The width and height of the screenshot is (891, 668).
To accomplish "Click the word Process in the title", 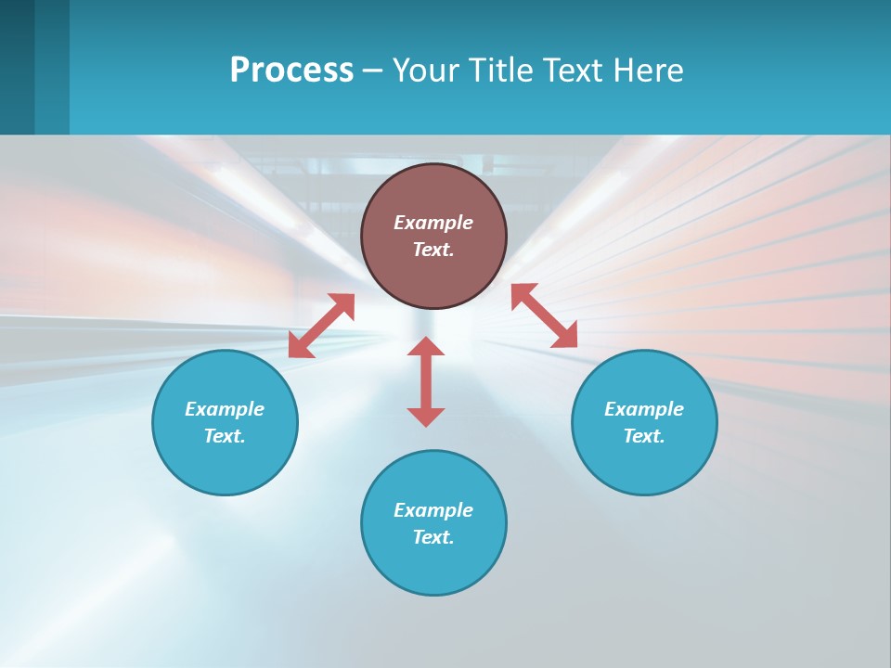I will tap(291, 71).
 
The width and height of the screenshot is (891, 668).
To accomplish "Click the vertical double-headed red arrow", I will tap(426, 381).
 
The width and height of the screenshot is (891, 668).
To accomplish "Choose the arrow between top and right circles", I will tap(544, 315).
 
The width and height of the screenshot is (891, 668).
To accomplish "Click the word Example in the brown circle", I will tap(433, 223).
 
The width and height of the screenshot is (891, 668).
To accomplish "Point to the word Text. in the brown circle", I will tap(433, 250).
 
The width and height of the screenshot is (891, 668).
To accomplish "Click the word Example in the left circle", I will tap(225, 409).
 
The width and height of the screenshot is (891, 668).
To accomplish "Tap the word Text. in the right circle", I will tap(644, 436).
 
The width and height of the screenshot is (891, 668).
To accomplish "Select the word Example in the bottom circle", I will tap(433, 510).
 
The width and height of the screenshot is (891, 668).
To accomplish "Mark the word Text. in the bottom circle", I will tap(433, 537).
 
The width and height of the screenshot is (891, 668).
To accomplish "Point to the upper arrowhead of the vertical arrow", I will tap(426, 347).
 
